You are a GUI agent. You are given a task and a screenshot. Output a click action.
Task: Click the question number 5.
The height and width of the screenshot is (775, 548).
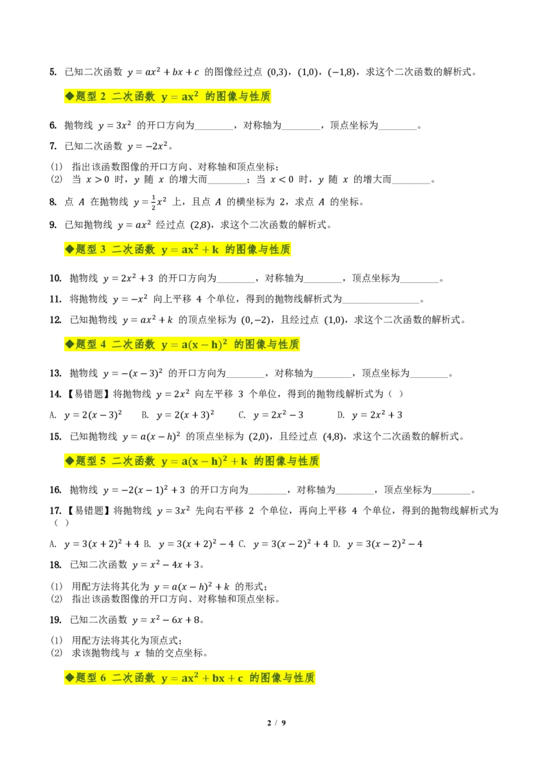click(53, 72)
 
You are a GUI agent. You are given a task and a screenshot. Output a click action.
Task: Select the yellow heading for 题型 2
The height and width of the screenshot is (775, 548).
click(168, 97)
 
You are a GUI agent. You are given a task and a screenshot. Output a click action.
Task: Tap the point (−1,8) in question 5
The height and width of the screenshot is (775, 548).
click(342, 72)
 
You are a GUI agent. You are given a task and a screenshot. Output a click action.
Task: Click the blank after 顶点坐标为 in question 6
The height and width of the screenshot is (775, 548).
click(398, 126)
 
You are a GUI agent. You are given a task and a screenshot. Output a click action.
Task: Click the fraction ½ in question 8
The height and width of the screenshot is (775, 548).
click(153, 202)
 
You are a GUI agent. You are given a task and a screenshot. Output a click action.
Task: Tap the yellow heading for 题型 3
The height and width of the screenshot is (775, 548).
click(177, 250)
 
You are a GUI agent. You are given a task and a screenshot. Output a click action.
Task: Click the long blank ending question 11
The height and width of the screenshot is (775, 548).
click(381, 299)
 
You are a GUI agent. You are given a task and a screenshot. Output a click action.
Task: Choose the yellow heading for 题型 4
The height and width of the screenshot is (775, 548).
click(182, 344)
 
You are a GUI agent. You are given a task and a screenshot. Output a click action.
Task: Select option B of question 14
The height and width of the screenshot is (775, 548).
click(178, 415)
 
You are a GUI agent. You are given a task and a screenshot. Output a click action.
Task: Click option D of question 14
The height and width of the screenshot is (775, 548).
click(370, 415)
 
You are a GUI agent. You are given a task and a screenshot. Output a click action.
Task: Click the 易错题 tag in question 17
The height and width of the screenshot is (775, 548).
click(88, 511)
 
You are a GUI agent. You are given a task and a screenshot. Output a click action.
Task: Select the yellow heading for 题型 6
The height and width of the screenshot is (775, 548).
click(190, 678)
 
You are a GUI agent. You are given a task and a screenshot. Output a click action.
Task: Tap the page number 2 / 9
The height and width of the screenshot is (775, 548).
click(277, 723)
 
